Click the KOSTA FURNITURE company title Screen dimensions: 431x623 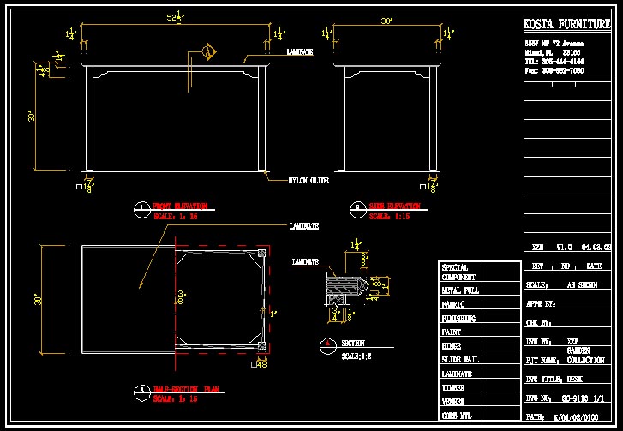[566, 24]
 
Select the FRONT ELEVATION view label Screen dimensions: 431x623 [180, 207]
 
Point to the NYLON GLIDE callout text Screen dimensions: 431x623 [309, 181]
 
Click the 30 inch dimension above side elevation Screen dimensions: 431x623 [386, 21]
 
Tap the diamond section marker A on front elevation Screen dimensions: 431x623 [207, 53]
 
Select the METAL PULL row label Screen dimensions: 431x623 [460, 290]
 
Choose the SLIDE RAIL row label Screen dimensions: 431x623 [460, 360]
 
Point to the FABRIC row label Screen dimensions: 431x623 [453, 304]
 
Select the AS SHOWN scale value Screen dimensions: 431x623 [584, 285]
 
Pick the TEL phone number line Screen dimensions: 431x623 [554, 62]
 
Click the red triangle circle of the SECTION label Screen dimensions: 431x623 [326, 346]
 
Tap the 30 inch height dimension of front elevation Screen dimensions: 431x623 [31, 115]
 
